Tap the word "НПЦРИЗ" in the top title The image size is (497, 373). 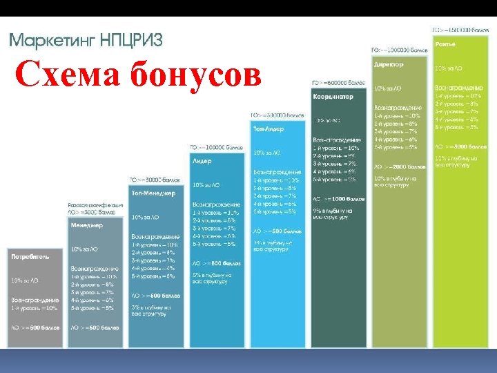129,40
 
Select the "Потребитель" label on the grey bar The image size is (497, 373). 30,256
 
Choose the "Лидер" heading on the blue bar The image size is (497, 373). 202,161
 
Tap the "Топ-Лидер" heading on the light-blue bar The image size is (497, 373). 269,128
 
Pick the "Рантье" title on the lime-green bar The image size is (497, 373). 445,44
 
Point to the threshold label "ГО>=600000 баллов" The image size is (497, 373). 338,83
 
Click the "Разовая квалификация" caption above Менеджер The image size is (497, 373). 95,205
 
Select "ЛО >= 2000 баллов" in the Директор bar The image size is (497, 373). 400,166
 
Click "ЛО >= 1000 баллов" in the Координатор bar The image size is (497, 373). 338,199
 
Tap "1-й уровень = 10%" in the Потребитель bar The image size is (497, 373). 35,307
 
